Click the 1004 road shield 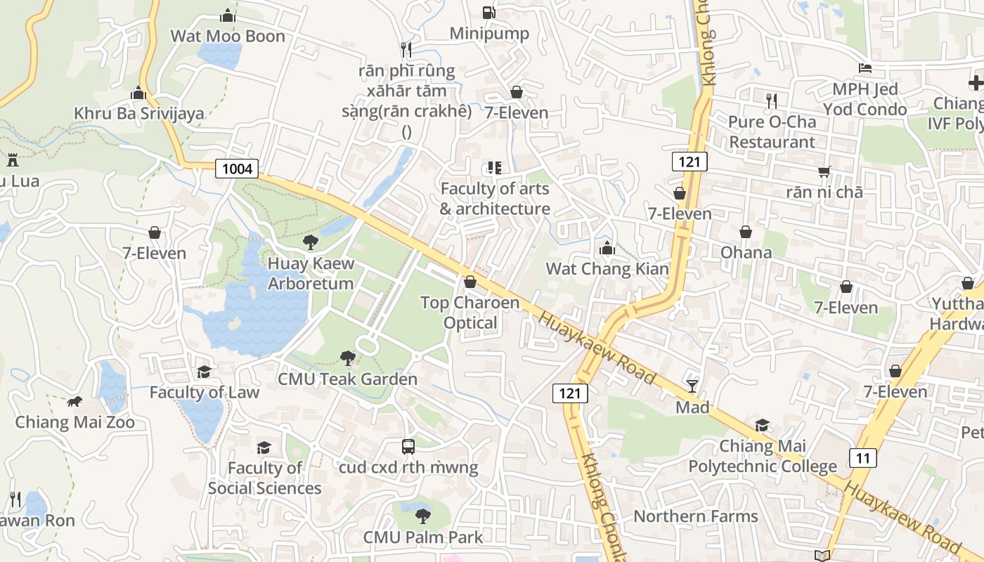(236, 169)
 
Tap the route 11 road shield (862, 458)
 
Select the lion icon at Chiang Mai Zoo (75, 402)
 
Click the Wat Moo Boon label (228, 36)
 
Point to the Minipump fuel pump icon (488, 12)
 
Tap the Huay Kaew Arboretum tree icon (310, 243)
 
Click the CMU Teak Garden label (347, 379)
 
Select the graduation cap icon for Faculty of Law (204, 372)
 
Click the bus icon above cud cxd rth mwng (408, 446)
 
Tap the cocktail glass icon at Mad (692, 386)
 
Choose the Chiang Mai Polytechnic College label (763, 456)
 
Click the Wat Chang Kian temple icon (607, 248)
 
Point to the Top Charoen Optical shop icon (470, 282)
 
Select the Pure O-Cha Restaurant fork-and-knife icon (772, 100)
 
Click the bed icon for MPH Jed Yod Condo (865, 68)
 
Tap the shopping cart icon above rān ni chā (824, 171)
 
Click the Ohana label (746, 252)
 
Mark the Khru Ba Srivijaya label (139, 113)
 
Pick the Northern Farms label (695, 516)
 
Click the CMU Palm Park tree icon (422, 516)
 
